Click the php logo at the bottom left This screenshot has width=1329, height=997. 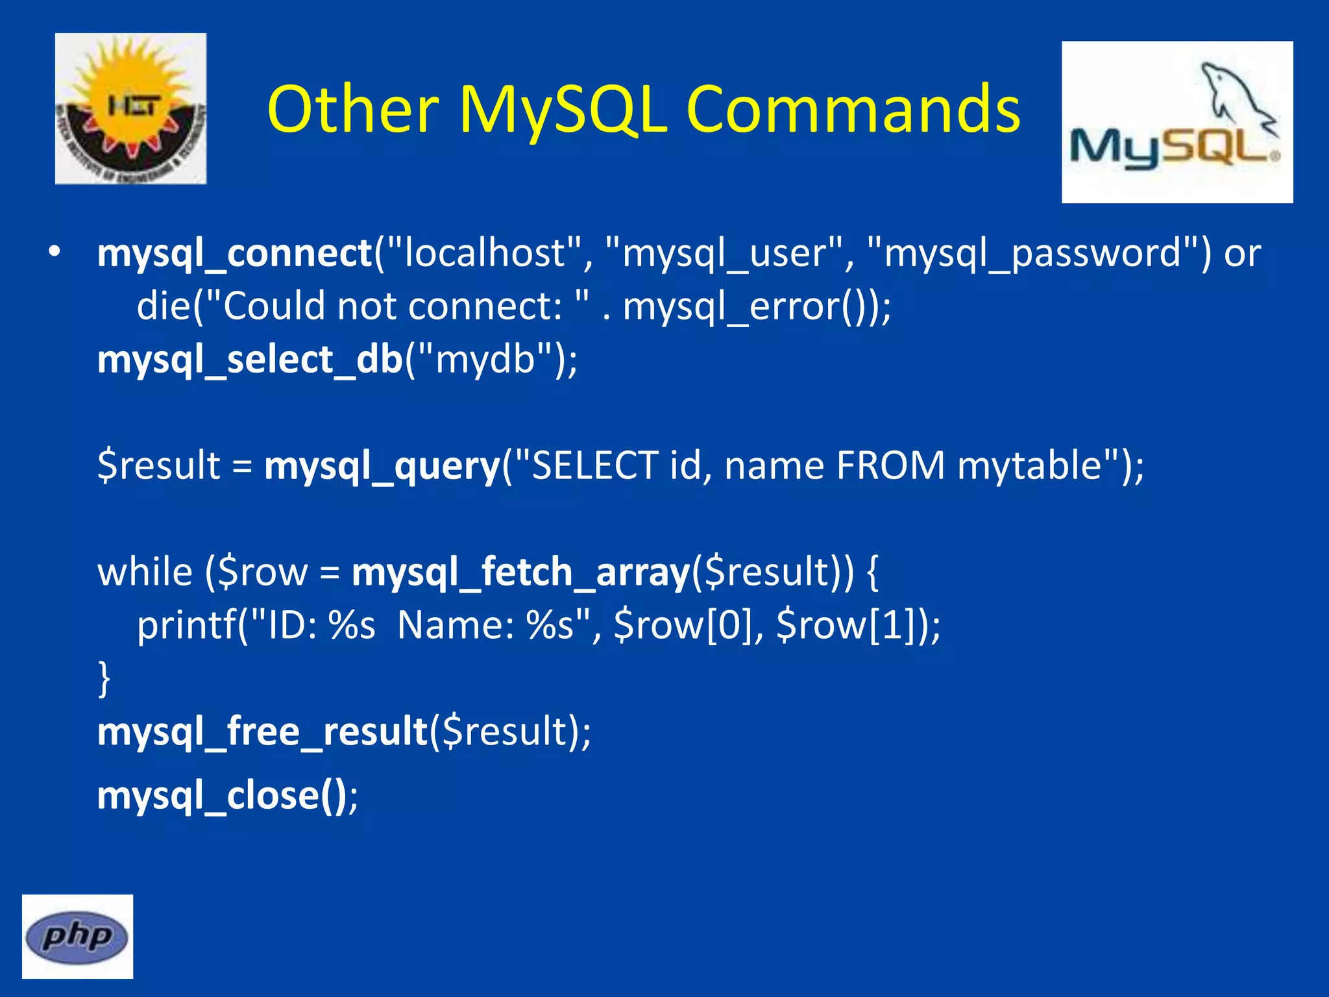[77, 936]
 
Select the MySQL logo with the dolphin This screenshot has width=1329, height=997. [1177, 122]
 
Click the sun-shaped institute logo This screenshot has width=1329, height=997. [130, 108]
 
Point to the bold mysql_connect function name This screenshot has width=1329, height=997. [234, 252]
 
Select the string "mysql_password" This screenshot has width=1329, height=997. [1032, 252]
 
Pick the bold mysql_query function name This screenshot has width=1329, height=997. [382, 465]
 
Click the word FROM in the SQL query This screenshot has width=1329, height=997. [890, 465]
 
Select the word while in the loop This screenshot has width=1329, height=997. [145, 572]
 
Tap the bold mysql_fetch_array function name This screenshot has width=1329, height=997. [520, 572]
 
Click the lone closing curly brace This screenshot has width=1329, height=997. [104, 678]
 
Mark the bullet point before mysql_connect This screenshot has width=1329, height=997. [55, 252]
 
